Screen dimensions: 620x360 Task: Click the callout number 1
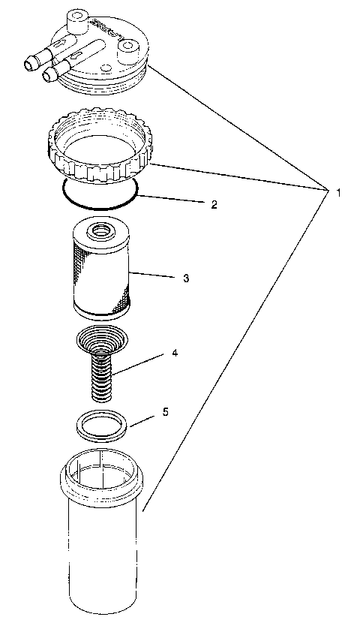coord(338,192)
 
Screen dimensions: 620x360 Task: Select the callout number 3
coord(185,278)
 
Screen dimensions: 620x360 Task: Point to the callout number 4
coord(175,351)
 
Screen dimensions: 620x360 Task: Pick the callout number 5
coord(166,412)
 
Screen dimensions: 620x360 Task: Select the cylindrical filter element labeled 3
coord(101,274)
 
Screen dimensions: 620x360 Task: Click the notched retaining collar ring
coord(99,150)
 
